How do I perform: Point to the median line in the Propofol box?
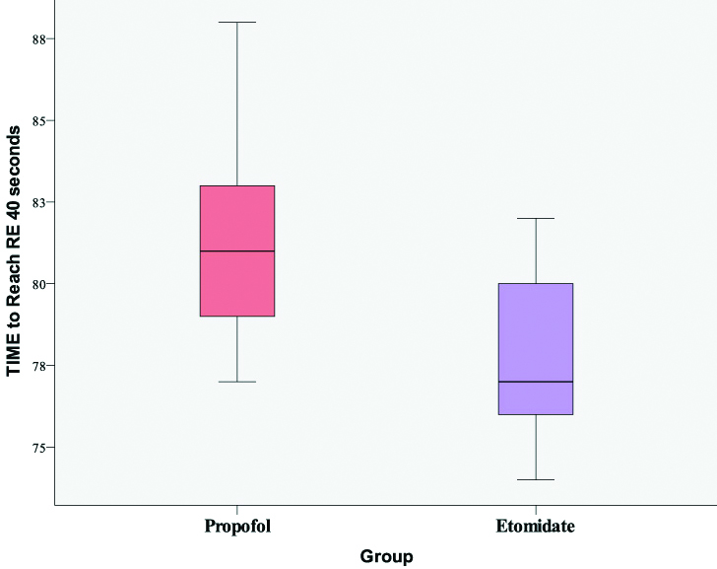click(236, 251)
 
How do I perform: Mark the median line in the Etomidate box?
click(536, 382)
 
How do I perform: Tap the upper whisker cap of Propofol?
click(236, 22)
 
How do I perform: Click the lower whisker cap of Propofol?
click(236, 382)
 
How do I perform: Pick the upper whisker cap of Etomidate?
click(536, 218)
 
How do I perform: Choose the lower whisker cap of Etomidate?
click(536, 479)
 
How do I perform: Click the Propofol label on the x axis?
click(236, 526)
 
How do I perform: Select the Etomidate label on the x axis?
click(536, 526)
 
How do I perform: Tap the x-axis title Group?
click(386, 556)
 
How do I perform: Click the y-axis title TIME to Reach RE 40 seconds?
click(14, 256)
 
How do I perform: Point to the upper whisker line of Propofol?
click(236, 104)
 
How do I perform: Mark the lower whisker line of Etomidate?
click(536, 448)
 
